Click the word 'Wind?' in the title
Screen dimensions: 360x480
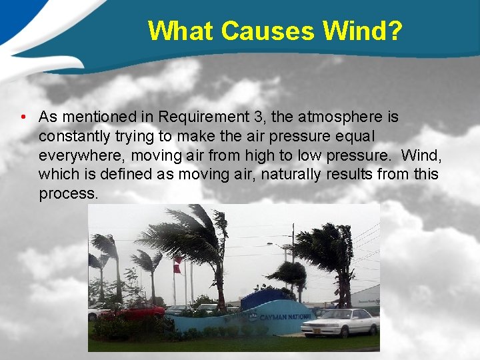click(x=362, y=31)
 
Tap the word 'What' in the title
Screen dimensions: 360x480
click(x=181, y=31)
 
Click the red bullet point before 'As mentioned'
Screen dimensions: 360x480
click(x=23, y=117)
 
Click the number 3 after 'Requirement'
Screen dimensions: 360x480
click(x=257, y=117)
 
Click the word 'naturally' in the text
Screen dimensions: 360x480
click(x=293, y=175)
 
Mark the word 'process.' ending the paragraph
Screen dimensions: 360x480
click(x=68, y=194)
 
